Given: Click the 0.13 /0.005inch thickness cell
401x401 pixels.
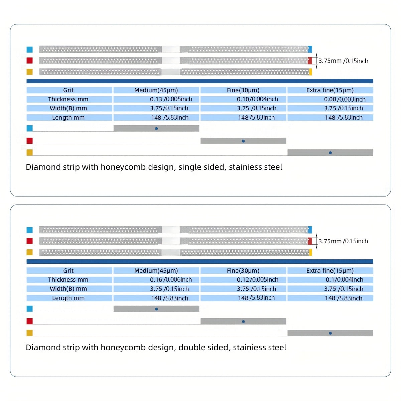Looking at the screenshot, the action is click(x=156, y=99).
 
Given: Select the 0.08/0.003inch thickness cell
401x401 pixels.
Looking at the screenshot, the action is click(x=330, y=99).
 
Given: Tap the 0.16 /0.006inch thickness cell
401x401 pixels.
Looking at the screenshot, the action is click(x=156, y=280).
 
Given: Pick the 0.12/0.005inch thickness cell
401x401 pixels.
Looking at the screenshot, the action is click(x=243, y=280).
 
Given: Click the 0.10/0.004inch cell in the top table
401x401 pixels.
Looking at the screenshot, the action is click(x=243, y=99).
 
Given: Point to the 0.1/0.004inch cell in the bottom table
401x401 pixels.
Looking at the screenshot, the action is click(x=330, y=280).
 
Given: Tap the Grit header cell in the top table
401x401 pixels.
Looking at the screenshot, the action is click(x=69, y=90).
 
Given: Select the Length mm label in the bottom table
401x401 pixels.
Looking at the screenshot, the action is click(x=69, y=298).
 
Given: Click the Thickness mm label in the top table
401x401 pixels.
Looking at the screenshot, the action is click(x=69, y=99).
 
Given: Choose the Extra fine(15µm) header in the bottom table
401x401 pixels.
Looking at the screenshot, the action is click(x=330, y=271).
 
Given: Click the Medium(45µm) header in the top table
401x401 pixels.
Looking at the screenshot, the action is click(x=156, y=90).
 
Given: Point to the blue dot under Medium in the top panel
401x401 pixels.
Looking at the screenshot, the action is click(x=156, y=129).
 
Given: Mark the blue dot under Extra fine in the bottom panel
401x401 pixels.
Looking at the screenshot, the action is click(x=330, y=333).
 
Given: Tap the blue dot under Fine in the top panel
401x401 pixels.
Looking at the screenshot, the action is click(x=244, y=141).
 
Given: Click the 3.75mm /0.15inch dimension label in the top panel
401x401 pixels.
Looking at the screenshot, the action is click(x=344, y=61).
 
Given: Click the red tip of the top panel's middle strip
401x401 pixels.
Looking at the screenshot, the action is click(x=310, y=60).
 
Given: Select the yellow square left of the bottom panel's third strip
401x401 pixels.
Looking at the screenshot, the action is click(x=29, y=252).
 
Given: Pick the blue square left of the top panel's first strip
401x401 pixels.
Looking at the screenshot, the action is click(x=29, y=49).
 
